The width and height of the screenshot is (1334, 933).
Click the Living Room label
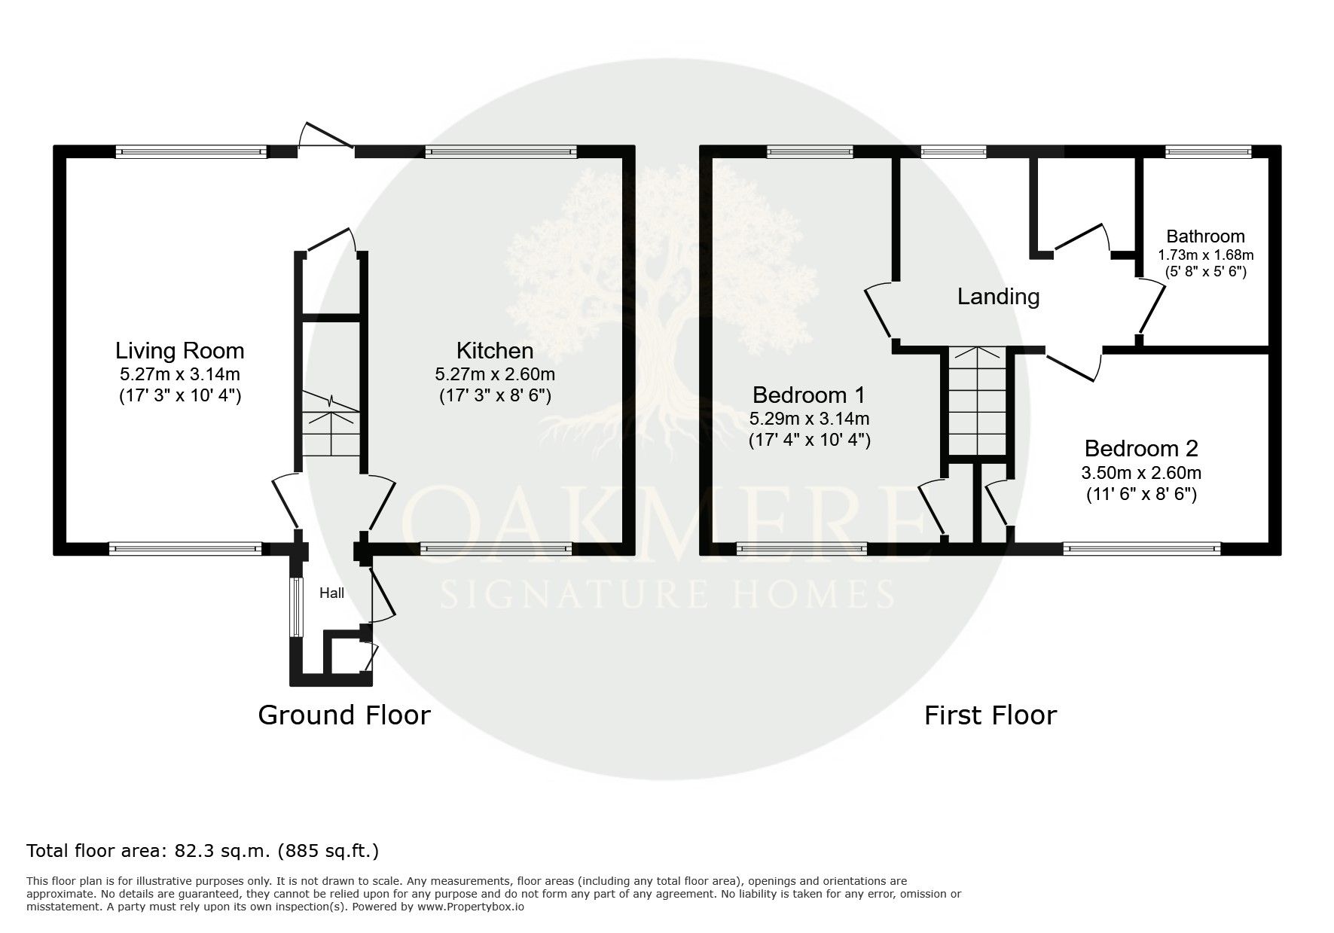pyautogui.click(x=180, y=350)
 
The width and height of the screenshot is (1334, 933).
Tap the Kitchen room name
pyautogui.click(x=495, y=350)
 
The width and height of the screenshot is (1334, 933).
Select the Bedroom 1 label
pyautogui.click(x=809, y=395)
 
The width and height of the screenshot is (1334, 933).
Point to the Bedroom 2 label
pyautogui.click(x=1141, y=449)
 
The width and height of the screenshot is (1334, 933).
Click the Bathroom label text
pyautogui.click(x=1205, y=236)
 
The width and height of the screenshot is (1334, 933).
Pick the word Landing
pyautogui.click(x=998, y=297)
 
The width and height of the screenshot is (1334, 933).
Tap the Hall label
pyautogui.click(x=331, y=593)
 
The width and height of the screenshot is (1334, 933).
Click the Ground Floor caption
pyautogui.click(x=344, y=715)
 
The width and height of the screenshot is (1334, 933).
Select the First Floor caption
pyautogui.click(x=991, y=715)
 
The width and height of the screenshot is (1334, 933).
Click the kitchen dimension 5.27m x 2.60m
pyautogui.click(x=495, y=374)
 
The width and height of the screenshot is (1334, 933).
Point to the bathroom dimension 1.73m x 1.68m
pyautogui.click(x=1205, y=255)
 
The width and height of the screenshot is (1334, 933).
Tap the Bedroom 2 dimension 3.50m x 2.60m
pyautogui.click(x=1141, y=473)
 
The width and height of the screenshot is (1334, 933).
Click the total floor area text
pyautogui.click(x=203, y=851)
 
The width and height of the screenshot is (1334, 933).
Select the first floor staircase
pyautogui.click(x=977, y=401)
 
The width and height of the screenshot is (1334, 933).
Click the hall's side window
pyautogui.click(x=296, y=606)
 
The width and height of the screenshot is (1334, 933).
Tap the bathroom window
pyautogui.click(x=1207, y=152)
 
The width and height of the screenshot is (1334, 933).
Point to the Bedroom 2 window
pyautogui.click(x=1141, y=549)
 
